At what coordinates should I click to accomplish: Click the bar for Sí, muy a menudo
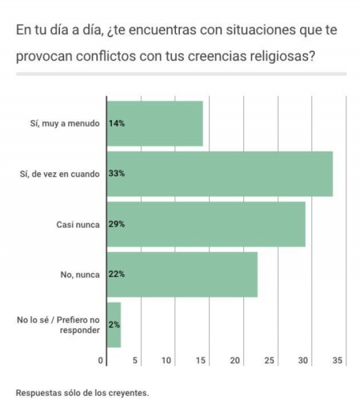point(155,124)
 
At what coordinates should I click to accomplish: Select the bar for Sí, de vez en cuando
point(220,174)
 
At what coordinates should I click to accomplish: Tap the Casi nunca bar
point(206,224)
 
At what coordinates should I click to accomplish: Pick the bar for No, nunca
point(182,274)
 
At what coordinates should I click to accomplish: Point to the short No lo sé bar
point(114,324)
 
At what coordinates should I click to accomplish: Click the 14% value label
point(116,124)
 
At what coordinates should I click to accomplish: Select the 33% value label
point(116,174)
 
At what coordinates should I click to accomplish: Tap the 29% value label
point(116,224)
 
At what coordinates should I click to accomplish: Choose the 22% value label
point(116,274)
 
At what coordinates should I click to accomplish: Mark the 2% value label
point(114,324)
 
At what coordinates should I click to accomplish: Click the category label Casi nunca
point(77,225)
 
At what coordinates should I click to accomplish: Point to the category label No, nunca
point(79,275)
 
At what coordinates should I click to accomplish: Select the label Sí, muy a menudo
point(64,124)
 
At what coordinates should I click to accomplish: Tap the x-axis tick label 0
point(100,360)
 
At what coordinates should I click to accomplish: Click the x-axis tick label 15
point(201,360)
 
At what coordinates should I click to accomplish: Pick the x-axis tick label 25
point(269,360)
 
